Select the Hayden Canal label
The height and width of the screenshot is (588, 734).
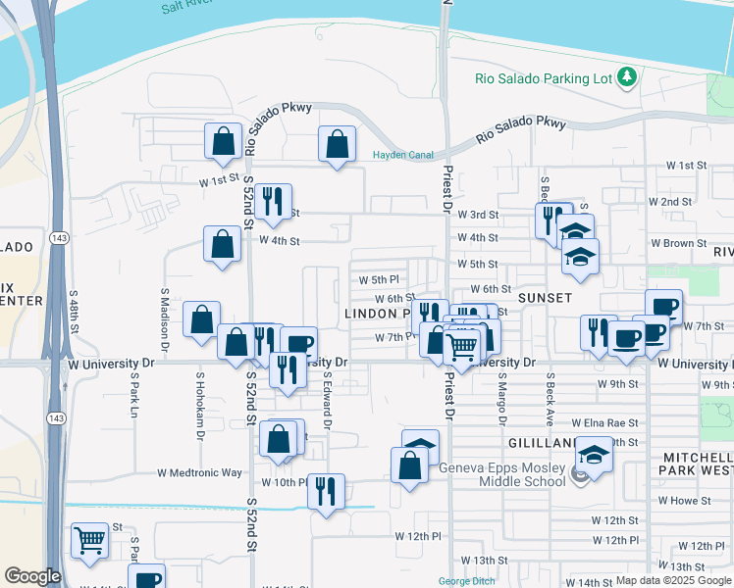point(402,155)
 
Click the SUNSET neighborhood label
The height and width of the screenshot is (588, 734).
point(546,297)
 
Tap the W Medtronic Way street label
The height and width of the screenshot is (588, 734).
point(200,472)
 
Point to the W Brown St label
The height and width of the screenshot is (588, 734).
point(679,243)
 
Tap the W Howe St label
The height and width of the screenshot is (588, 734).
point(684,500)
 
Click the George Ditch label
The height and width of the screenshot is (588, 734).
point(466,581)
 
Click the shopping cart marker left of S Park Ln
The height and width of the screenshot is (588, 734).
point(89,541)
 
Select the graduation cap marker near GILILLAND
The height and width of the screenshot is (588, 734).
point(593,455)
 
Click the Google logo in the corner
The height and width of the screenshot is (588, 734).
point(32,576)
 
